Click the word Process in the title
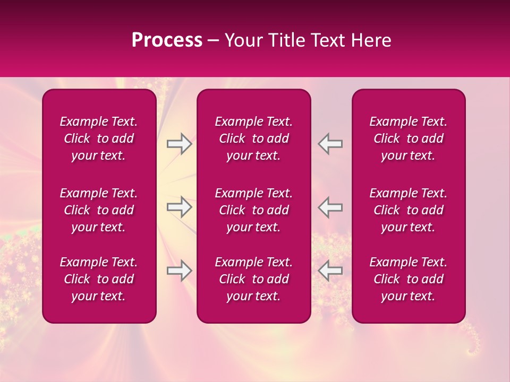pos(167,40)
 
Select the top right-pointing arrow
pos(180,144)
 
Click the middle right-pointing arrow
pos(180,207)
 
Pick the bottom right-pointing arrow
pos(180,271)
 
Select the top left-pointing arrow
pos(330,144)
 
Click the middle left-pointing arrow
pos(330,207)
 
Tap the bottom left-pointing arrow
pos(330,271)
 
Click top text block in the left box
pos(99,138)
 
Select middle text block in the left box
pos(99,210)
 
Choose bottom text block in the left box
pos(99,279)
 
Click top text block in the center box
pos(253,138)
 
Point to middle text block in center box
pos(253,210)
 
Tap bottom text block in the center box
pos(253,279)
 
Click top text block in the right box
pos(408,138)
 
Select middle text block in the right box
pos(408,210)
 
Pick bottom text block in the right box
pos(408,279)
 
